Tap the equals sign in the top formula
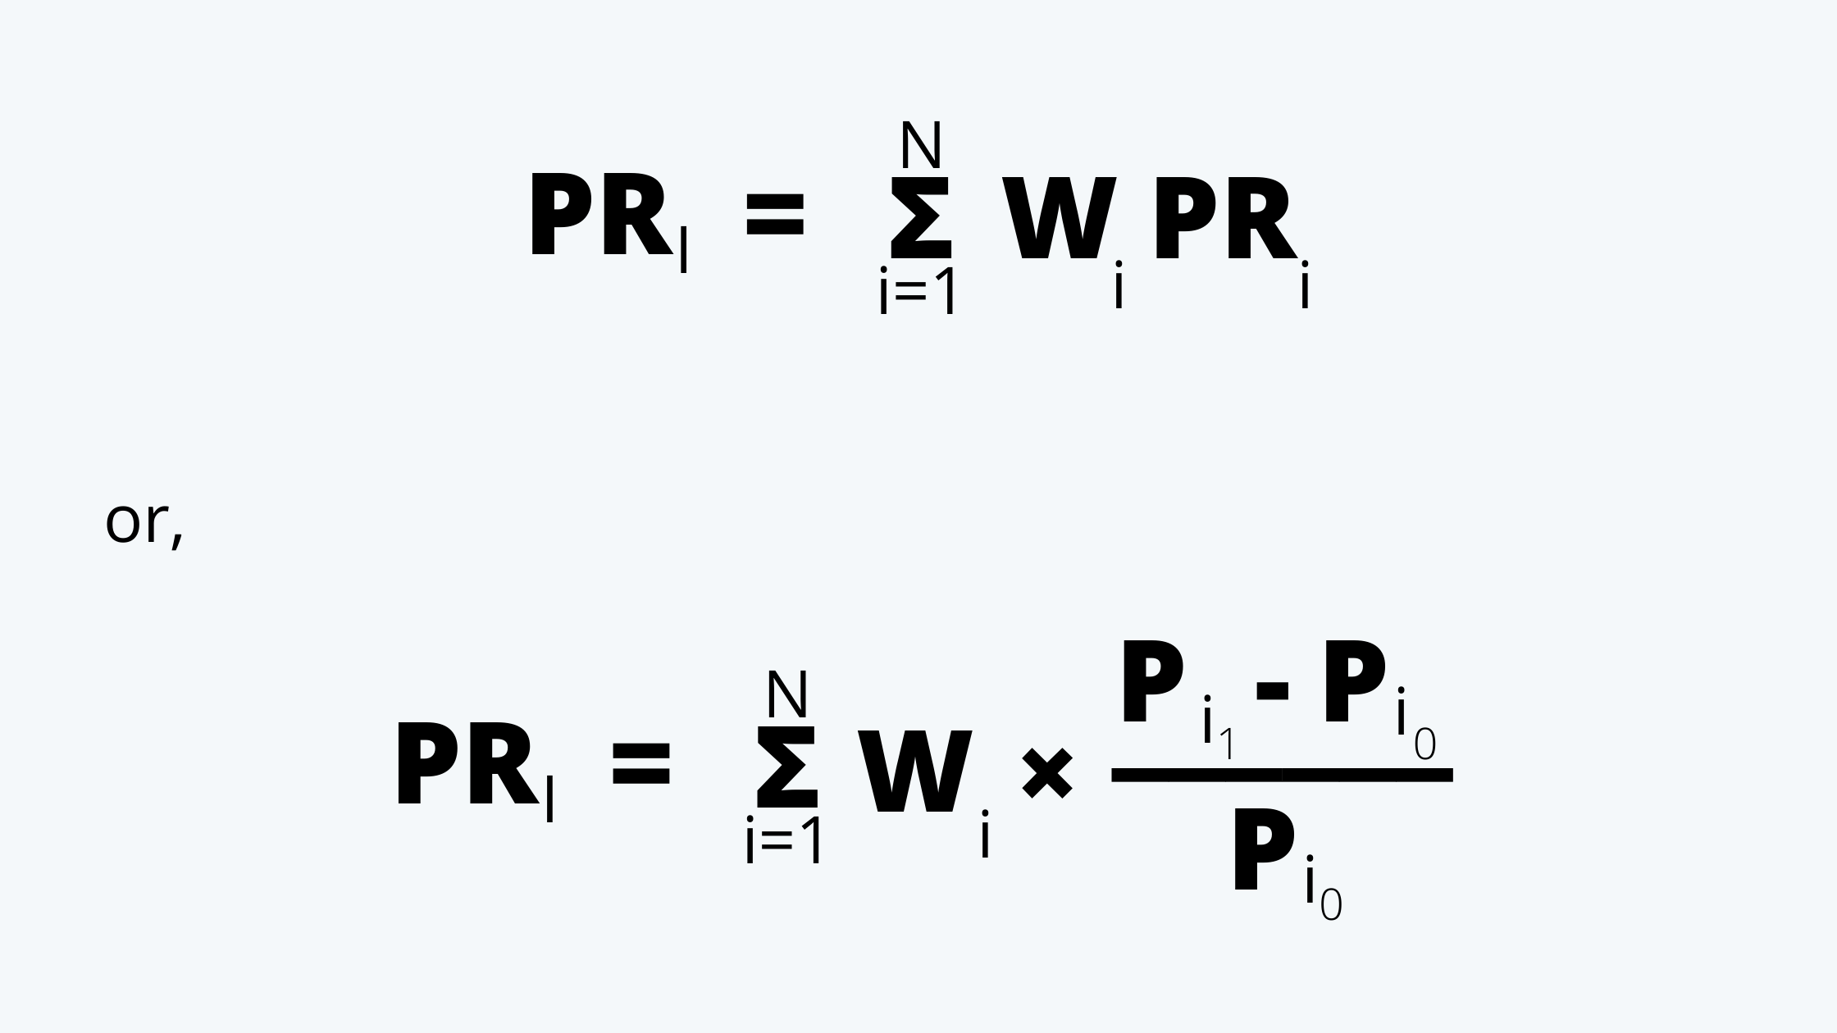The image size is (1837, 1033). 774,213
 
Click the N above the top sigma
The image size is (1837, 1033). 920,145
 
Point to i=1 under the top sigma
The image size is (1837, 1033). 917,290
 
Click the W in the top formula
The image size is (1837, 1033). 1059,218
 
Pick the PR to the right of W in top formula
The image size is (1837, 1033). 1224,218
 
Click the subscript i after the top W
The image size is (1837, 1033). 1119,284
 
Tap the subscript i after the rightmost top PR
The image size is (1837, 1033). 1305,284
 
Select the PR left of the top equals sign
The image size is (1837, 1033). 601,215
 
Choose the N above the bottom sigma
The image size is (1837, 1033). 787,694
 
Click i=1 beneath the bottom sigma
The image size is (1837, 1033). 783,840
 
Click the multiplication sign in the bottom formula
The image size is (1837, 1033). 1047,773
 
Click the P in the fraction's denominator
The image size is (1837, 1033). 1264,849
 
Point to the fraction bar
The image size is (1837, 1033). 1282,775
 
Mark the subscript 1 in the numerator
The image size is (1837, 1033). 1226,744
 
